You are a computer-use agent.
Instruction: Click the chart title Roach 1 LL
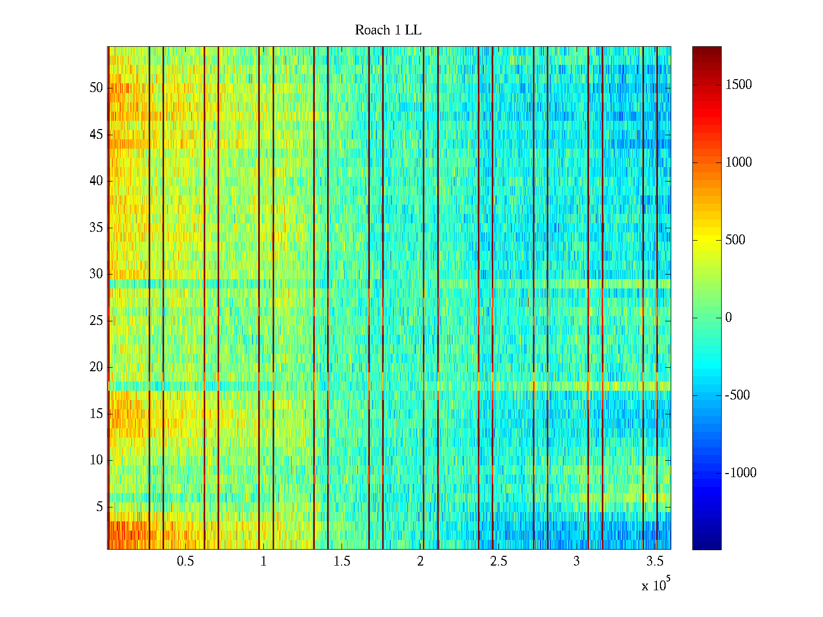tap(388, 30)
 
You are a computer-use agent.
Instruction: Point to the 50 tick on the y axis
tap(96, 87)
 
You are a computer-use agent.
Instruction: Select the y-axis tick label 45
tap(96, 134)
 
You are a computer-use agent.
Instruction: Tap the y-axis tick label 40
tap(96, 181)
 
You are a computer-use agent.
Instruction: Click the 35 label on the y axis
tap(96, 227)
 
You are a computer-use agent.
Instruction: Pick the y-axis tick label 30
tap(96, 274)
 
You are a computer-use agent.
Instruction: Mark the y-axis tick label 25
tap(96, 321)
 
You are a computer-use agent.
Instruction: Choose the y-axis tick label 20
tap(96, 367)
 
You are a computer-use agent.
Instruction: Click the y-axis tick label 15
tap(96, 414)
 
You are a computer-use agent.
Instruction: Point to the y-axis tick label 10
tap(96, 460)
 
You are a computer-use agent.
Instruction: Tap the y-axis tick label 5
tap(99, 507)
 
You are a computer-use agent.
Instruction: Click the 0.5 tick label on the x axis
tap(186, 561)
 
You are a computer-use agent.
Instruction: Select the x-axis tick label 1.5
tap(342, 561)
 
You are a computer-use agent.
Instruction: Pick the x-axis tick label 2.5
tap(498, 561)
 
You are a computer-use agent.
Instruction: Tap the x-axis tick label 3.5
tap(655, 561)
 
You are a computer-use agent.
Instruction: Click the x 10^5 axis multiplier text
tap(655, 585)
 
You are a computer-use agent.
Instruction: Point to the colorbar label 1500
tap(739, 85)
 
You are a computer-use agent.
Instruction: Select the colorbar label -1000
tap(741, 473)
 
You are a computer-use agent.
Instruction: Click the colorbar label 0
tap(728, 318)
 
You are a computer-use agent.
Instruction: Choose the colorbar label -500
tap(738, 395)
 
